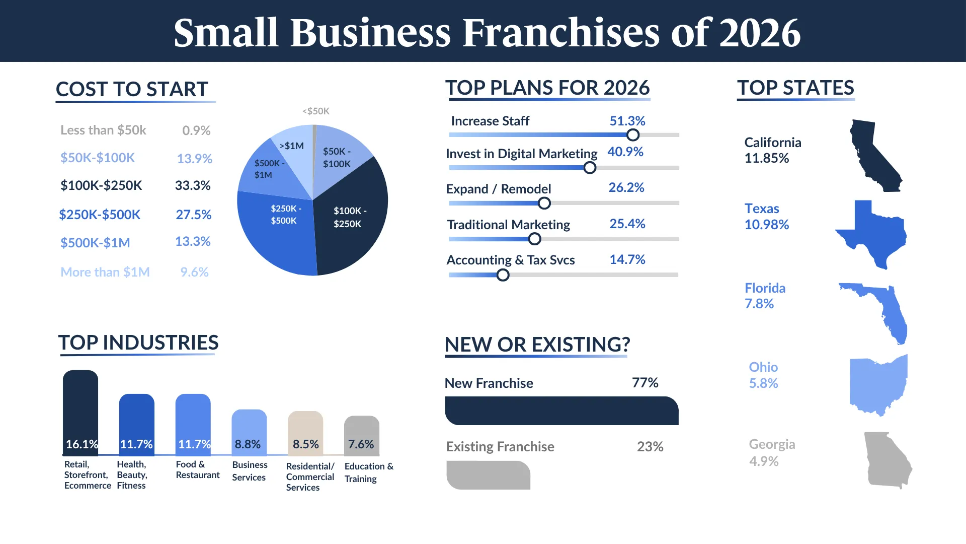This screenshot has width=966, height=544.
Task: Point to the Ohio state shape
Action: [878, 385]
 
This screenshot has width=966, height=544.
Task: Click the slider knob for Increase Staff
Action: [633, 135]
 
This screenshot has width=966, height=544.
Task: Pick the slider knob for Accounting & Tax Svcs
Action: [503, 275]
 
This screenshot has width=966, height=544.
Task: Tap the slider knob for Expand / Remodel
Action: [544, 203]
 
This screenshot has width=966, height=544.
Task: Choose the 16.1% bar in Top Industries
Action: [80, 413]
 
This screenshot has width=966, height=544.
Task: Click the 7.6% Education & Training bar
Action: [362, 436]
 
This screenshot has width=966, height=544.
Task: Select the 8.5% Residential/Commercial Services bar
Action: [305, 434]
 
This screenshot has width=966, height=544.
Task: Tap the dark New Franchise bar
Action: [561, 411]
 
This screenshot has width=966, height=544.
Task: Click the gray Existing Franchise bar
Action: [488, 475]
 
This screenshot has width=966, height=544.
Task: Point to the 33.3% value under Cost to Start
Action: [193, 185]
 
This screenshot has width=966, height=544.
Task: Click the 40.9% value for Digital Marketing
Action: [625, 152]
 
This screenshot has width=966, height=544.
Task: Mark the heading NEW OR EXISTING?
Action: [537, 345]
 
